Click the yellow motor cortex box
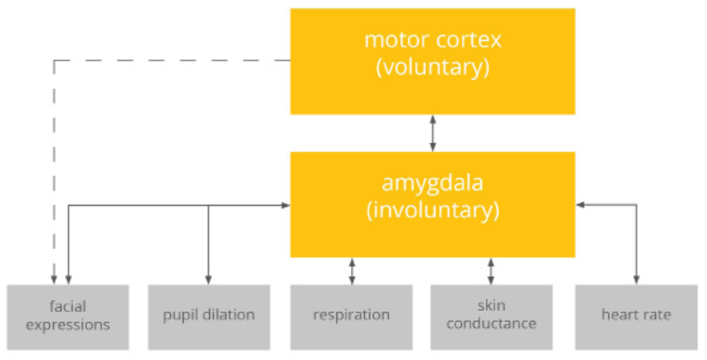[432, 61]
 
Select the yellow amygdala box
[432, 204]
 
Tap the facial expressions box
[68, 316]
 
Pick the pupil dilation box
[209, 316]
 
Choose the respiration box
[351, 316]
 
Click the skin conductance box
[491, 316]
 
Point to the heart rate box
[636, 316]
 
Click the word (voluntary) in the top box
[433, 68]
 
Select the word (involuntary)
[433, 211]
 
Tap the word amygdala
[433, 183]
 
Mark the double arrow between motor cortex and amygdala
[433, 133]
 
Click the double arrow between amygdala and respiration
[352, 271]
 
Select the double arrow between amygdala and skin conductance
[491, 271]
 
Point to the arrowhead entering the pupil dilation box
[209, 281]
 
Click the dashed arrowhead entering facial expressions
[54, 281]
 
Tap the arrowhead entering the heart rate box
[637, 281]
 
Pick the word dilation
[230, 315]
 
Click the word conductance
[491, 324]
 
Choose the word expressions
[68, 325]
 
